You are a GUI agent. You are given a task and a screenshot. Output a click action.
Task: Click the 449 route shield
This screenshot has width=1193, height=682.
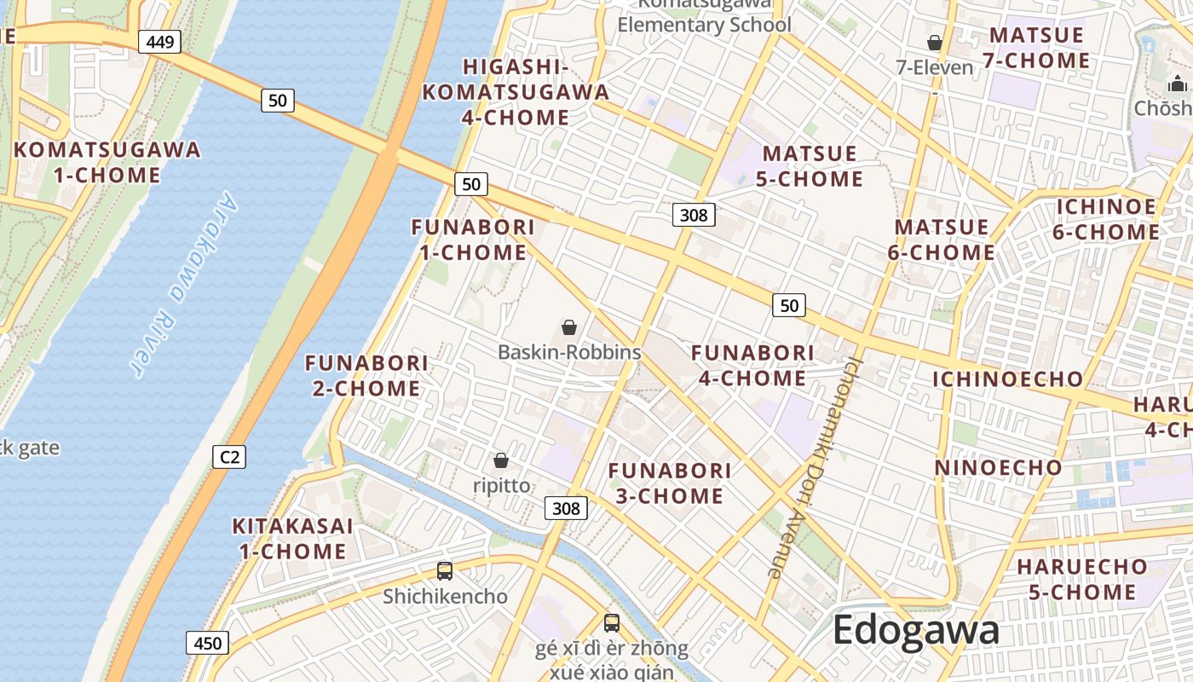160,41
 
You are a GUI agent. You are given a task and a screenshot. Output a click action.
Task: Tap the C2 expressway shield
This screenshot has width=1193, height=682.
229,457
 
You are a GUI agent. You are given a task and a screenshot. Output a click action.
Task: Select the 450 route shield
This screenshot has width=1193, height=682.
207,644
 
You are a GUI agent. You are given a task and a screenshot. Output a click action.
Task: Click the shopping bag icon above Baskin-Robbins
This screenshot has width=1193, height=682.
569,327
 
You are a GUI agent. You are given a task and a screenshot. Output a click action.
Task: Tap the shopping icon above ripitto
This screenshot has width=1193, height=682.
501,460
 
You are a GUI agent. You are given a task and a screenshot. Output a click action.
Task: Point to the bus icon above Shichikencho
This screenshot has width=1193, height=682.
445,571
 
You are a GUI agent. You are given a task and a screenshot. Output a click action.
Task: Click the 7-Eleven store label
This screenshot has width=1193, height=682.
934,67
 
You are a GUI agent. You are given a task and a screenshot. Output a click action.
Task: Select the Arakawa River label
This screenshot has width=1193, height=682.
183,283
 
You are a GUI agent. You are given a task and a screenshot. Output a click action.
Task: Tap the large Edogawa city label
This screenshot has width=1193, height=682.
915,631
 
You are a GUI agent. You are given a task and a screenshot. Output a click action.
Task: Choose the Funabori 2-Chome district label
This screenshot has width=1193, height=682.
366,376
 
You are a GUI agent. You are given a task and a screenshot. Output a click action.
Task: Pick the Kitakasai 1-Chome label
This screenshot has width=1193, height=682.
292,539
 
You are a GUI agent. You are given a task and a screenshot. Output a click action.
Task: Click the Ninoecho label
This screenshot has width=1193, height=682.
998,467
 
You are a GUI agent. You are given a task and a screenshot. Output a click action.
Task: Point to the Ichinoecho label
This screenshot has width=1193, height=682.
1007,379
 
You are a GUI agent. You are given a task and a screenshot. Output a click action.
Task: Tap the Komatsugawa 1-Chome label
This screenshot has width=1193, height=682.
107,163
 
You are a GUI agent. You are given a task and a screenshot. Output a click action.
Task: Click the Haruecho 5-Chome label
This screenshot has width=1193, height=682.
1082,580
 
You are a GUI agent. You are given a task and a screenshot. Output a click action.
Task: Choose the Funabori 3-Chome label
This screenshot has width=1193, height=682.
670,483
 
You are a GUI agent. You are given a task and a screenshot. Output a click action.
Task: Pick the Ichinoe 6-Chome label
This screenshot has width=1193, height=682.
1107,219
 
